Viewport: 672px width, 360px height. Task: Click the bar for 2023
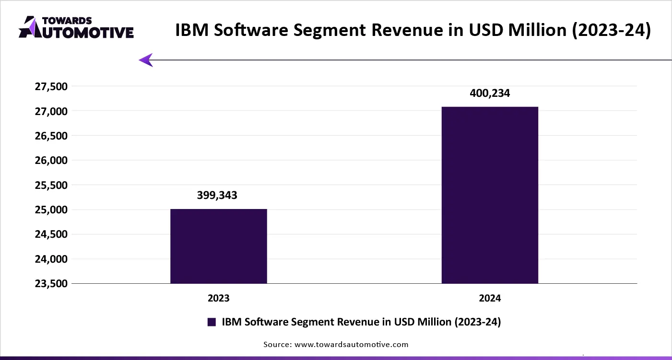click(x=219, y=246)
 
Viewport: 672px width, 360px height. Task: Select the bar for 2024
click(x=490, y=195)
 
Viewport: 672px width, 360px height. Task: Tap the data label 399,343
click(x=217, y=195)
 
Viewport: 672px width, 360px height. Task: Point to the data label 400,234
click(x=490, y=93)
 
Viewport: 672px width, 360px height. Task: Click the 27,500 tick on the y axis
click(x=51, y=87)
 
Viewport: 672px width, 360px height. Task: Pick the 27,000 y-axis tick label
click(x=51, y=111)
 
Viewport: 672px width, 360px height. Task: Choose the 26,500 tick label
click(x=51, y=136)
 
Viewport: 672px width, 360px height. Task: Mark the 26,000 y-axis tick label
click(x=51, y=161)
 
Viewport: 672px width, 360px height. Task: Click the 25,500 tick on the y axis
click(x=51, y=185)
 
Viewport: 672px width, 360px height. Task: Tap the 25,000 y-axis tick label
click(x=51, y=209)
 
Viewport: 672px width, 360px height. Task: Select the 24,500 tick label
click(x=51, y=234)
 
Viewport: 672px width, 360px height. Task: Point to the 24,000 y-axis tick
click(x=51, y=259)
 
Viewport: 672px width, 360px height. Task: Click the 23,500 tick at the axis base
click(x=51, y=283)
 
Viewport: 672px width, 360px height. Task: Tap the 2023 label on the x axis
click(x=219, y=298)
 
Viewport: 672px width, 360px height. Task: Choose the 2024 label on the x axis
click(x=490, y=298)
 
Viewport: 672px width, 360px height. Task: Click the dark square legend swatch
click(x=212, y=322)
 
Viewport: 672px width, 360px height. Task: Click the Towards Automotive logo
click(x=76, y=27)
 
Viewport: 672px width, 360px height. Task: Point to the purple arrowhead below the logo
click(x=146, y=60)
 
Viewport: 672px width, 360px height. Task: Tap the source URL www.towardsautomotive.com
click(x=352, y=344)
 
